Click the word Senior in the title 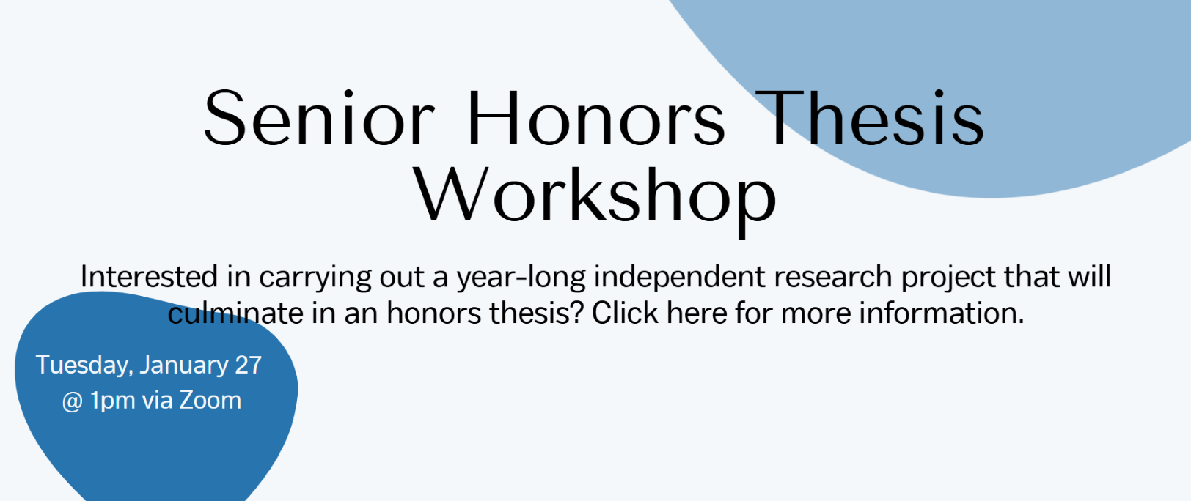[x=319, y=117]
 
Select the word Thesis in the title [x=870, y=117]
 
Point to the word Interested [x=150, y=277]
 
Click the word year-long [x=521, y=278]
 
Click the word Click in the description [x=625, y=313]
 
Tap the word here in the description [x=697, y=313]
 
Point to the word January [x=184, y=365]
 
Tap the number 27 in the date [x=249, y=365]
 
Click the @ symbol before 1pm [x=72, y=401]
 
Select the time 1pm [x=113, y=401]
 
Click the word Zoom [x=210, y=400]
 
